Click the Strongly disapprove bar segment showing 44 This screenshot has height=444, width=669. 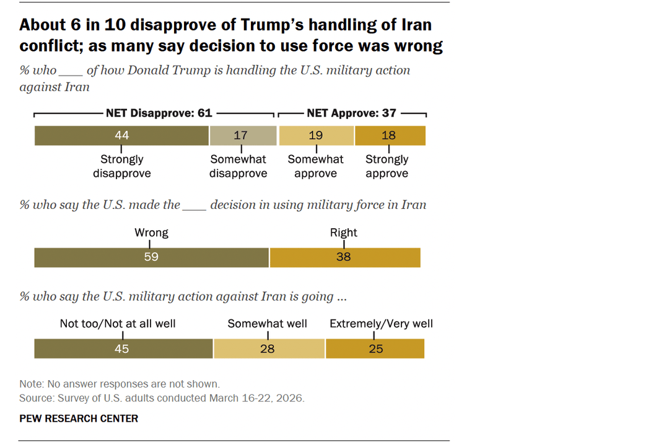coord(121,135)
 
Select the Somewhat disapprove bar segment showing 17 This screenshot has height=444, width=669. coord(241,135)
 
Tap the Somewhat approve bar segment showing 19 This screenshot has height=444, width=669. coord(317,135)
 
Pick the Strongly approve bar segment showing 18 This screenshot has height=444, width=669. coord(390,135)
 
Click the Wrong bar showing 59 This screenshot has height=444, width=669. coord(151,257)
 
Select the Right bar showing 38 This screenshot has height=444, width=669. coord(344,257)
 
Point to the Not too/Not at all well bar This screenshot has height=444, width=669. coord(123,349)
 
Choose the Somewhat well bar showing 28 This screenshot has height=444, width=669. coord(268,349)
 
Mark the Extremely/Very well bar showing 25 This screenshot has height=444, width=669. coord(375,349)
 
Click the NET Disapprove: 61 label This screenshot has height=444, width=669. coord(159,113)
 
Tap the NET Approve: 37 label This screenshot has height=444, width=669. coord(351,113)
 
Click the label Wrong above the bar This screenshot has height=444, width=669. coord(151,233)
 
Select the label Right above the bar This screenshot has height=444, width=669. coord(344,233)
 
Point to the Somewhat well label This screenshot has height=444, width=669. coord(267,324)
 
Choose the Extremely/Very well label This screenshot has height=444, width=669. coord(381,324)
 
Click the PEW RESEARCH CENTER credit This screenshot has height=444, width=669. coord(79,419)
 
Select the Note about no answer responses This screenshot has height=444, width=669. coord(119,384)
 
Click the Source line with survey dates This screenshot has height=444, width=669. coord(162,398)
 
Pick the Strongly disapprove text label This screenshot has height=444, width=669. coord(121,166)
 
